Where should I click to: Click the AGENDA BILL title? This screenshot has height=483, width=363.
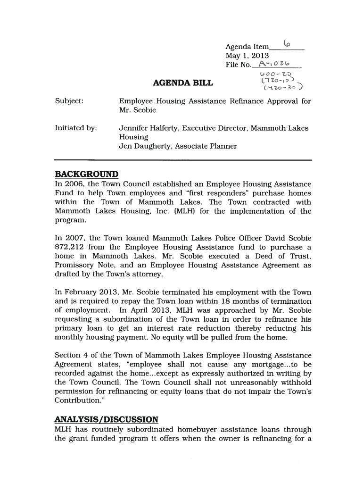183,83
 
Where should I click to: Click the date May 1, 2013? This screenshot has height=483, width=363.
247,56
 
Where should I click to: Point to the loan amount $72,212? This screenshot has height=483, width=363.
71,247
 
